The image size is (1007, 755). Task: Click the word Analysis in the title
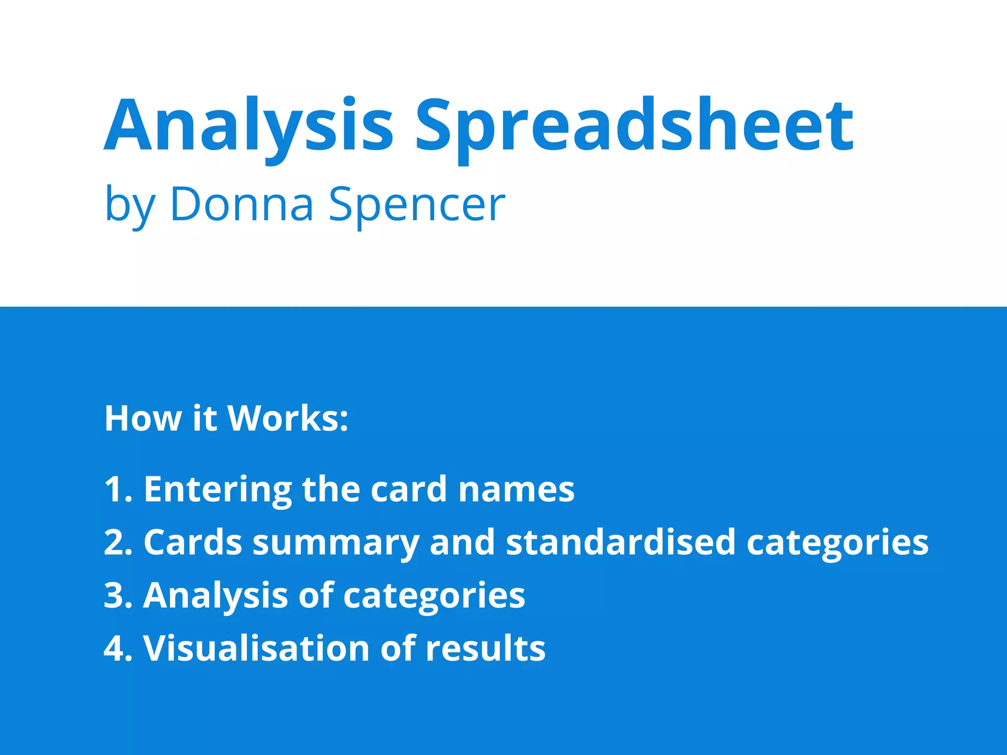click(x=248, y=125)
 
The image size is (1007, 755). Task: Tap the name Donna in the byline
click(x=242, y=204)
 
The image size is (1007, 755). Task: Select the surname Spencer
click(x=416, y=204)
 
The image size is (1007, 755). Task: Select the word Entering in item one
click(x=218, y=490)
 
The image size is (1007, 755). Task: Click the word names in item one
click(x=516, y=490)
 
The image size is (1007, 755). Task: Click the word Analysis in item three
click(x=215, y=596)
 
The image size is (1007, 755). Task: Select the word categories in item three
click(x=434, y=596)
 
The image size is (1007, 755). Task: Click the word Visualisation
click(x=256, y=648)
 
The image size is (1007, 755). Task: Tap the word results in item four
click(x=485, y=648)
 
